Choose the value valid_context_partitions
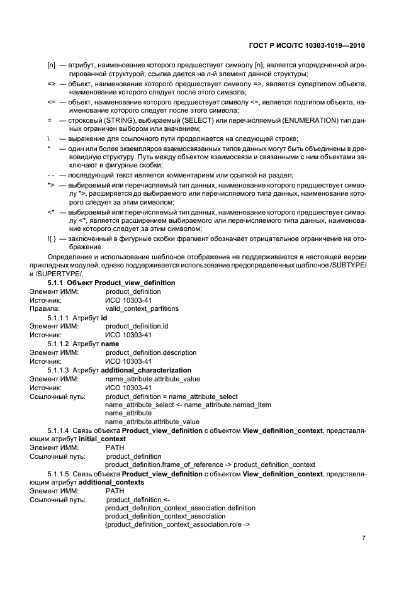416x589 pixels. coord(142,309)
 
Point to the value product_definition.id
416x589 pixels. coord(137,327)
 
